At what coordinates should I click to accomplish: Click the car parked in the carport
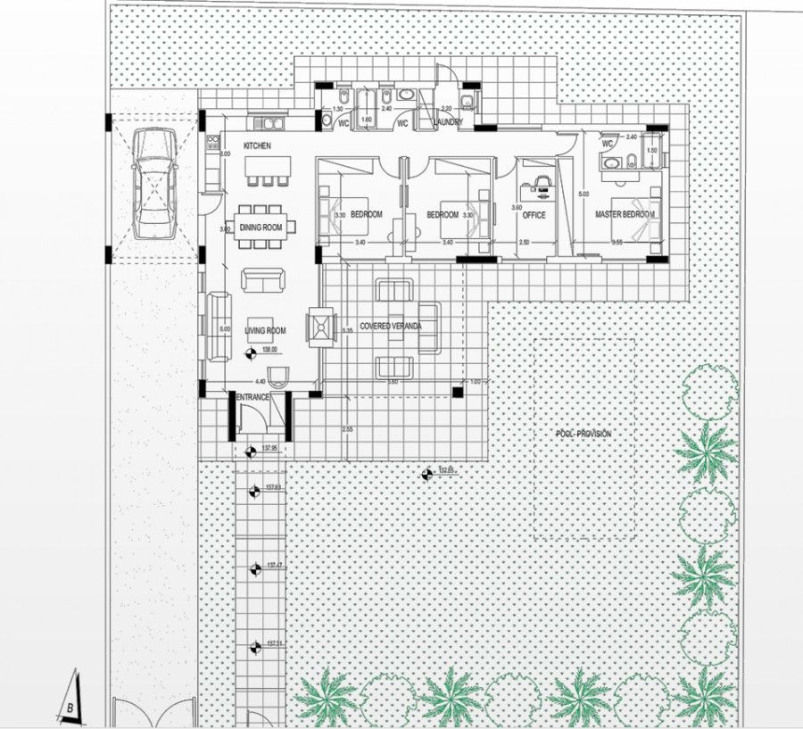(153, 184)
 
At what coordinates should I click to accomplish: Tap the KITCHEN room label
(257, 145)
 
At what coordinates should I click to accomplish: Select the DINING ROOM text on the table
(261, 228)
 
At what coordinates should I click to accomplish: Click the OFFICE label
(534, 215)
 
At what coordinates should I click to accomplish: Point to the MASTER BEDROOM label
(625, 215)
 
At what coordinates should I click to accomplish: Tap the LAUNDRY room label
(448, 123)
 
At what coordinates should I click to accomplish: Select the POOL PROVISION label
(583, 433)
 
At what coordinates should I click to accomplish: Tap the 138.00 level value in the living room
(269, 350)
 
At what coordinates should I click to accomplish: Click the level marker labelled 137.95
(268, 448)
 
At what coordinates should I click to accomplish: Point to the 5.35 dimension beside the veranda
(348, 331)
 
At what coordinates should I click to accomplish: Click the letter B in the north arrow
(70, 709)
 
